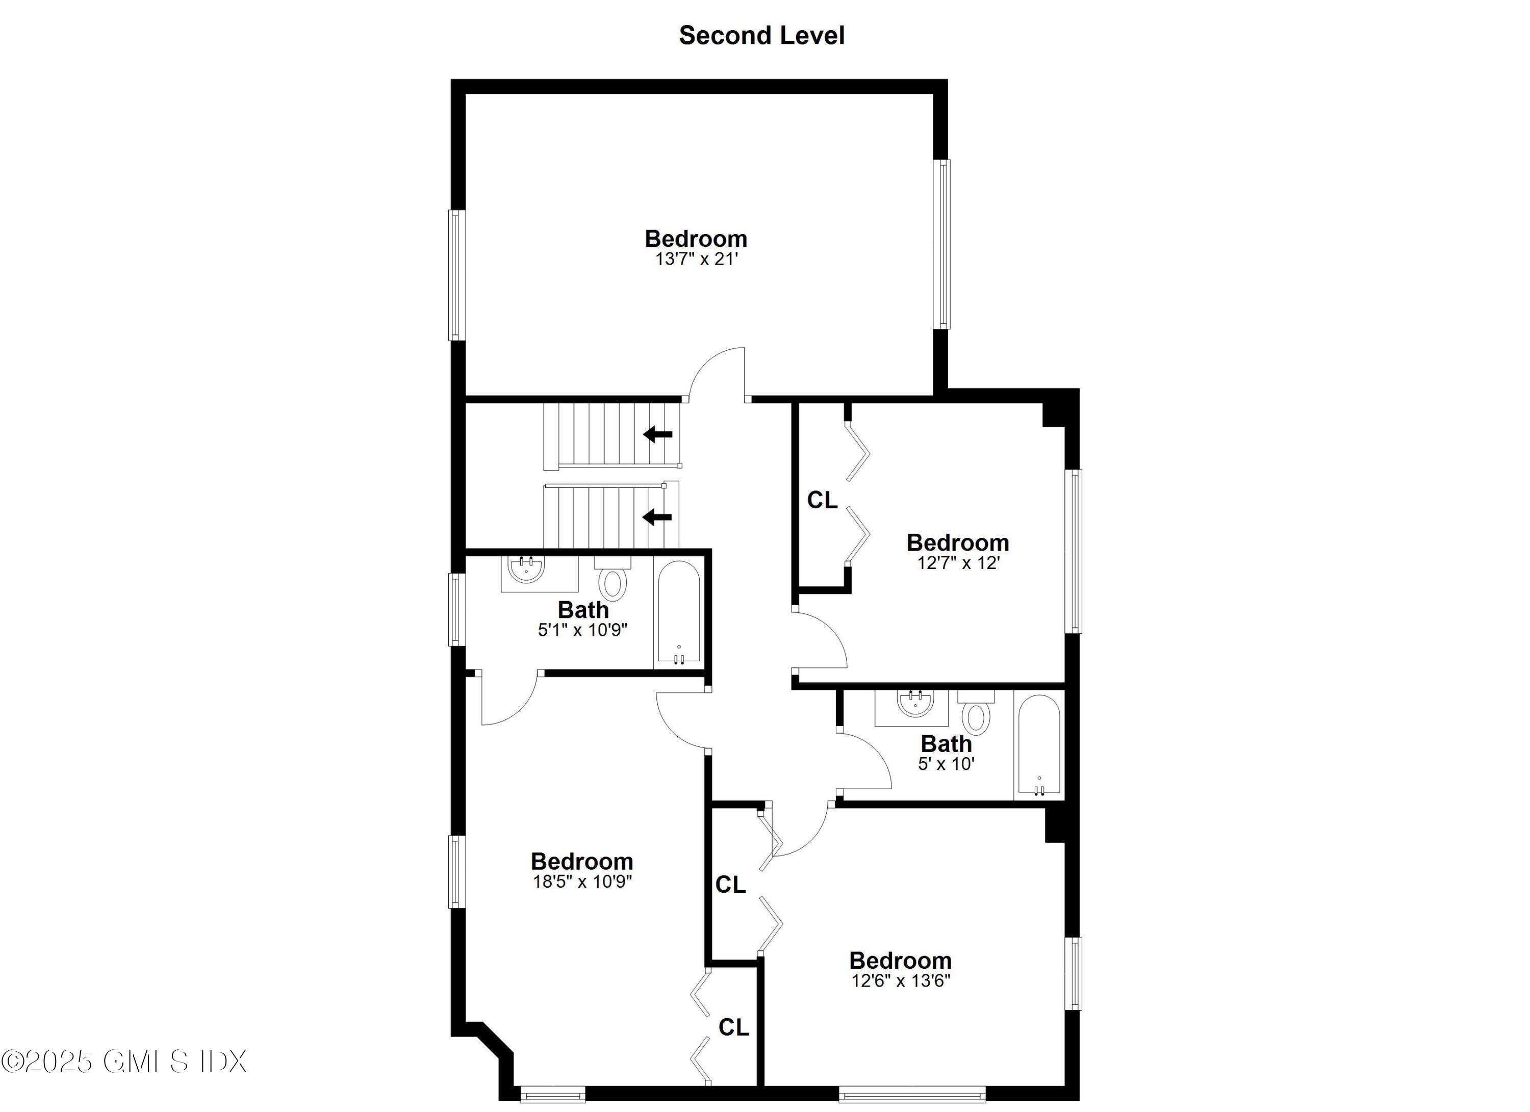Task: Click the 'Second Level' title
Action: pos(761,35)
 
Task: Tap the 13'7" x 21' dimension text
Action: pos(696,259)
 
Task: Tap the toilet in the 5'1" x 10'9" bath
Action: pos(613,583)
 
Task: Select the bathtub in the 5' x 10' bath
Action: pos(1039,744)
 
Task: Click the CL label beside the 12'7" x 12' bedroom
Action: pos(822,500)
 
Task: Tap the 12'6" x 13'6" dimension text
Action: pos(901,980)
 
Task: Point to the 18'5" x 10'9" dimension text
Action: pos(582,882)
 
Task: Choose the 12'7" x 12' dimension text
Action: pos(958,562)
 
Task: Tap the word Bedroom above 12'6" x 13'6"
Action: pos(900,960)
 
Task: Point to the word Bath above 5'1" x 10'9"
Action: pos(583,610)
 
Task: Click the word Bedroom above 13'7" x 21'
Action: pos(696,238)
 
